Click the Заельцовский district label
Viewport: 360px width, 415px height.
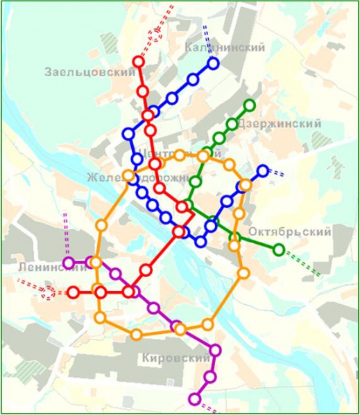[x=89, y=71]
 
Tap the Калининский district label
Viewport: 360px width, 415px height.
[x=226, y=47]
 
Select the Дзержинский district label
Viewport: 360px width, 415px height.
[x=279, y=123]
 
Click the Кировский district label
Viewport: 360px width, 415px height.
[x=174, y=358]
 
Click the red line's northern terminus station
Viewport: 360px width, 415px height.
[x=139, y=62]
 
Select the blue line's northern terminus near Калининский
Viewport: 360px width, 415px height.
[x=213, y=64]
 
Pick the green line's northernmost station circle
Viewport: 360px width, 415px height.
[x=250, y=105]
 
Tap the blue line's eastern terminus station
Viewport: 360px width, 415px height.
[x=262, y=170]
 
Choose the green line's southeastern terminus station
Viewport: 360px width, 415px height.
[x=279, y=249]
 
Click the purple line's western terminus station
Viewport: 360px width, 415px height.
[x=69, y=263]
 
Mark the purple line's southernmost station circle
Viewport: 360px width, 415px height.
[x=194, y=399]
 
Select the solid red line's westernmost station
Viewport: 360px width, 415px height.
[x=73, y=292]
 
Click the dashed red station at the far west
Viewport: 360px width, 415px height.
[x=49, y=292]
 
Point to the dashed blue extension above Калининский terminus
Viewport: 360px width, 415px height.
[x=207, y=33]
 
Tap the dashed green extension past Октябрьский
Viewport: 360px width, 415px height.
[x=305, y=265]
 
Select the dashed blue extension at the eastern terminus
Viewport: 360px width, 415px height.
[x=276, y=173]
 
